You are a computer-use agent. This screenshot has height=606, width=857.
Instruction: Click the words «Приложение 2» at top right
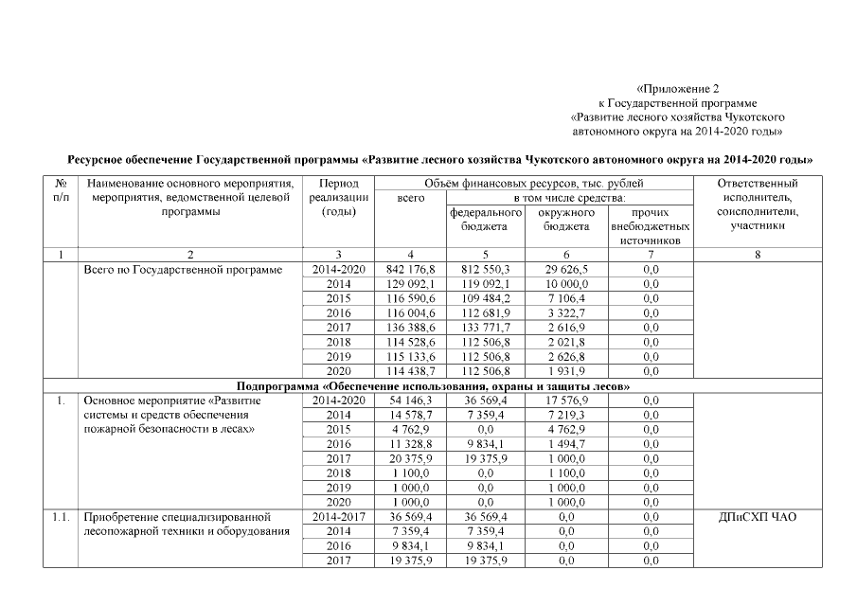(678, 88)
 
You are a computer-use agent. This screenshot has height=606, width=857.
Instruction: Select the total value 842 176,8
(410, 270)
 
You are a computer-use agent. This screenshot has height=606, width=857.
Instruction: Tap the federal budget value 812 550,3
(485, 270)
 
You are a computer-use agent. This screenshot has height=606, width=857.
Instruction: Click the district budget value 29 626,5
(564, 270)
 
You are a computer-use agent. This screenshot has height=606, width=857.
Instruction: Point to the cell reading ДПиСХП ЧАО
(758, 517)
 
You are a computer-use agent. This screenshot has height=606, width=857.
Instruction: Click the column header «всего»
(410, 198)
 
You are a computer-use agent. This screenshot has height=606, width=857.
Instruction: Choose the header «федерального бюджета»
(485, 220)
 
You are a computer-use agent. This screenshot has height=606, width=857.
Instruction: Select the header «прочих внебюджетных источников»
(650, 227)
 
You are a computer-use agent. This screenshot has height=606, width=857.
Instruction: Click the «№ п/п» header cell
(61, 190)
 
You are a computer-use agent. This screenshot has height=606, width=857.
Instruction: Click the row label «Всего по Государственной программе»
(184, 270)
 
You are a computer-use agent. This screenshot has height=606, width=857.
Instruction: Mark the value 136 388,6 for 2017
(410, 328)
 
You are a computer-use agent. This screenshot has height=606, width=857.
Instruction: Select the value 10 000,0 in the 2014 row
(564, 284)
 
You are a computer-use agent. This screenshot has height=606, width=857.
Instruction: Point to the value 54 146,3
(410, 401)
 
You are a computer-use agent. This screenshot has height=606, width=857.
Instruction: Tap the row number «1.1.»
(61, 517)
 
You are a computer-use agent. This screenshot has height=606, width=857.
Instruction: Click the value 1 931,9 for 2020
(564, 371)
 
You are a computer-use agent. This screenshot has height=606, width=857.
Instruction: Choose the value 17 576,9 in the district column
(564, 401)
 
